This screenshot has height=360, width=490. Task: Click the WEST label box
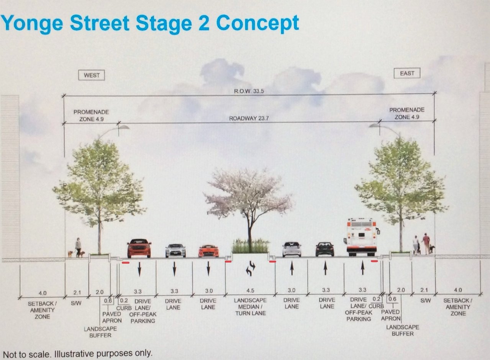(x=92, y=75)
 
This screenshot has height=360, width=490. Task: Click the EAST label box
(x=407, y=73)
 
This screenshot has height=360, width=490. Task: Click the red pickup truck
(x=139, y=248)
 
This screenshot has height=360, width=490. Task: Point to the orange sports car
(x=208, y=251)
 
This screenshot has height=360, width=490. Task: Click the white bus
(x=362, y=237)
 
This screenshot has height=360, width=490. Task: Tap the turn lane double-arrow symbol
(x=250, y=268)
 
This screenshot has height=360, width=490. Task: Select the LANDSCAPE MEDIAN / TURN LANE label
(x=249, y=307)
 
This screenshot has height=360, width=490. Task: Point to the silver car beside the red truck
(x=175, y=250)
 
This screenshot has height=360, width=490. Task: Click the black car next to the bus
(x=324, y=249)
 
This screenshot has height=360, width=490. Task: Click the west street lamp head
(x=123, y=127)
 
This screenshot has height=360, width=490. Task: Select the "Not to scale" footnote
(x=77, y=353)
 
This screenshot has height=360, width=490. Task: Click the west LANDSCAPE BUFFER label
(x=101, y=332)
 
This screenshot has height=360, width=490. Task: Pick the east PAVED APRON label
(x=390, y=315)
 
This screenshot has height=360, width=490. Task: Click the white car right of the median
(x=292, y=249)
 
